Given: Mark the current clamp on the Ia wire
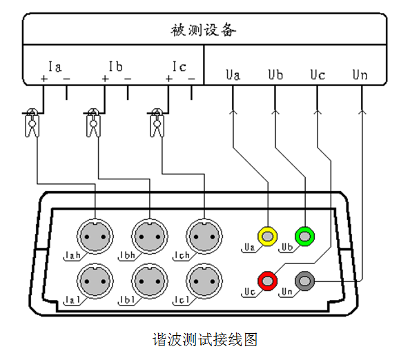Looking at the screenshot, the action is (x=32, y=123).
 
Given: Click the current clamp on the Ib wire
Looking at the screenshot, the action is (x=93, y=123).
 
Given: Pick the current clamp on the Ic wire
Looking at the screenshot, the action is (x=157, y=123).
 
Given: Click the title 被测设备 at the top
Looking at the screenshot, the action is (x=204, y=30).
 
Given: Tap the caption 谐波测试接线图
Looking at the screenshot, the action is (x=205, y=339).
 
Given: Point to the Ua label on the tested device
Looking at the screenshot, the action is (x=233, y=74).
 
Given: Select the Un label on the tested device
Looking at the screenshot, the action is (x=360, y=74).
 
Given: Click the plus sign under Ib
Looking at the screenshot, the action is (x=105, y=79).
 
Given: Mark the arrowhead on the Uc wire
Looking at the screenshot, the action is (x=318, y=112).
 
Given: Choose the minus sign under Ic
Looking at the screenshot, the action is (x=191, y=79).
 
